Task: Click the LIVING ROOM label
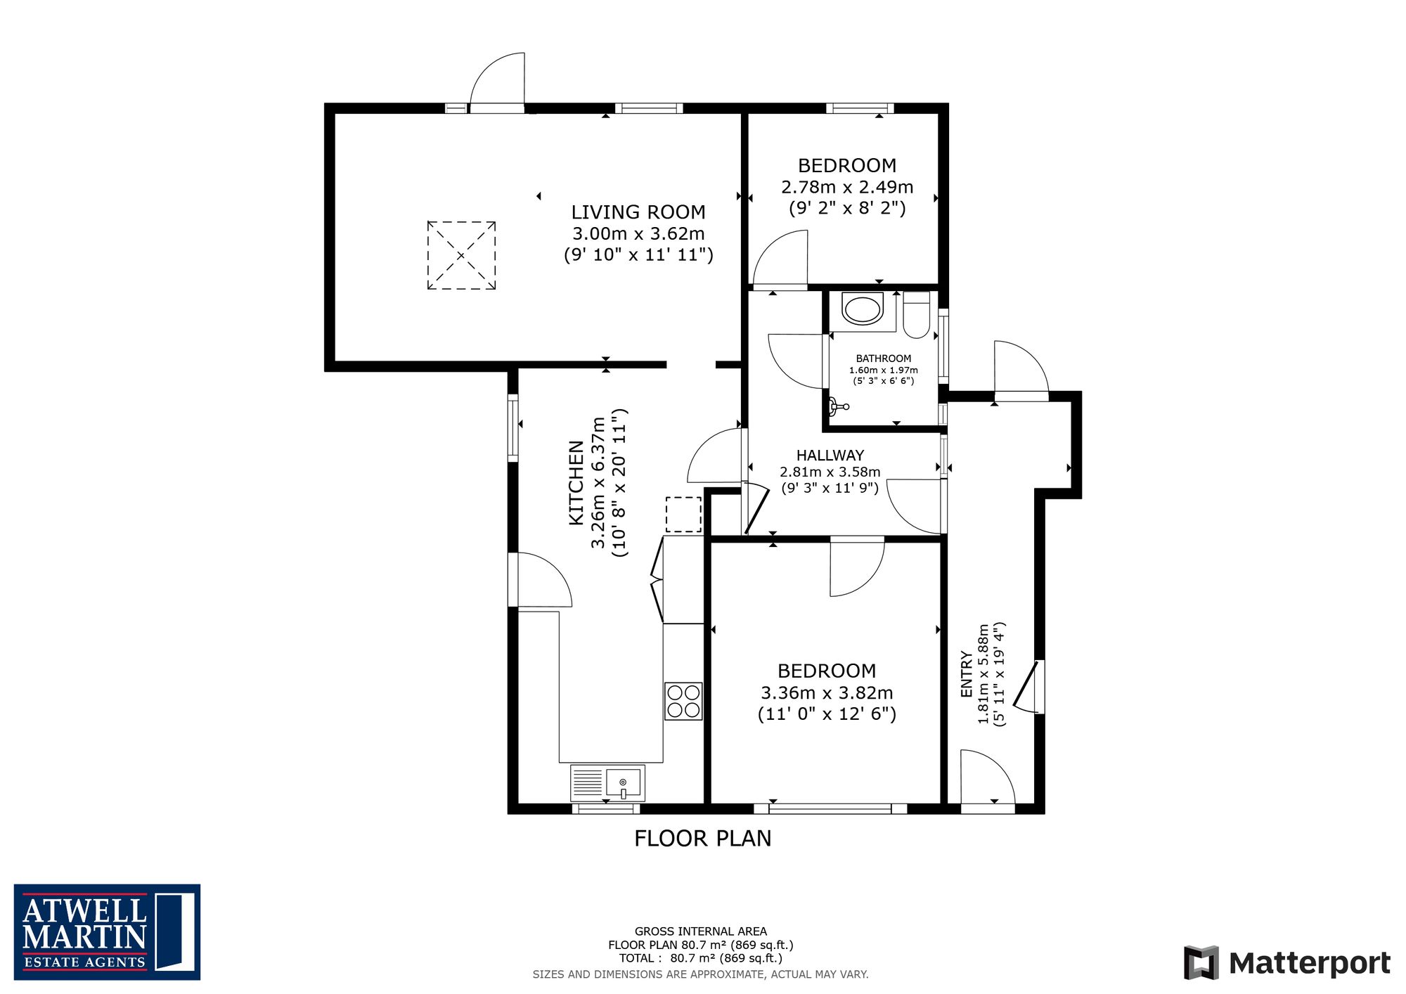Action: pos(638,212)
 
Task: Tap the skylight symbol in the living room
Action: pos(461,255)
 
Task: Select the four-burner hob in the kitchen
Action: pos(683,701)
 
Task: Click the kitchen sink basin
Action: pos(624,782)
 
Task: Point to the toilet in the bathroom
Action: pos(917,315)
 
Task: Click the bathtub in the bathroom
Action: pos(863,310)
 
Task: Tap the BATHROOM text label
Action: pos(884,359)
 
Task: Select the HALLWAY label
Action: pos(830,456)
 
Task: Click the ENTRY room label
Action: pos(967,674)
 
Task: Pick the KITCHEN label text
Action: pos(576,483)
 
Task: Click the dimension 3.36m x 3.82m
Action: pos(827,693)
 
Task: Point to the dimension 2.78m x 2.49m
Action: pos(847,188)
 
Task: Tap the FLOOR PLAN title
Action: pos(703,838)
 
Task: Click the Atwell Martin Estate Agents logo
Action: pos(107,932)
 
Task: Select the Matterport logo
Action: pos(1287,962)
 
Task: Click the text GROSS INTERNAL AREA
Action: pos(701,931)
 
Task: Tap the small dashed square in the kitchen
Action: pos(683,515)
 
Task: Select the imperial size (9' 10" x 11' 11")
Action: pos(638,254)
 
